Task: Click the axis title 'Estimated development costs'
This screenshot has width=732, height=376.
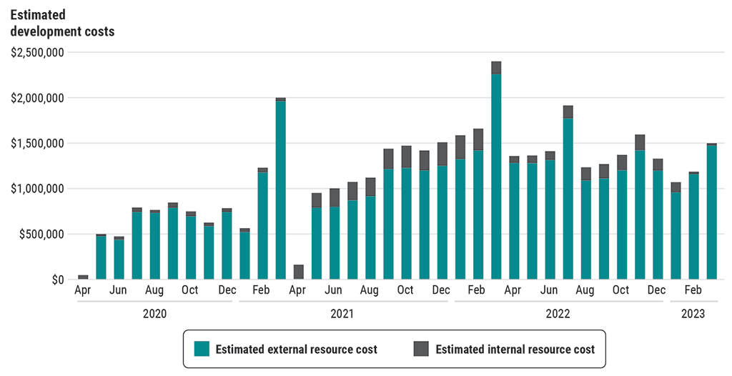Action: (62, 23)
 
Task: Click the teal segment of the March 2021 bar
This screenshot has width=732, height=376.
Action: (281, 190)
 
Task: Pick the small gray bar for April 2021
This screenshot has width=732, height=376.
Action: (299, 272)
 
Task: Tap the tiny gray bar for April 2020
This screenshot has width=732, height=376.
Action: (83, 277)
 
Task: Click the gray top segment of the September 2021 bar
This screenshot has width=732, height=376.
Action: (388, 159)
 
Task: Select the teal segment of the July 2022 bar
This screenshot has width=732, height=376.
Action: (568, 199)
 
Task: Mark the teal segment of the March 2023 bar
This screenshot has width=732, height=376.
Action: (712, 212)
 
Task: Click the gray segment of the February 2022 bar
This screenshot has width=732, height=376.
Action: (478, 139)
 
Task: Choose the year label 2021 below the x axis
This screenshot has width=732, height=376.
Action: (342, 313)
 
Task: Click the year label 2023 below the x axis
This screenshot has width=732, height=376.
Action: (693, 313)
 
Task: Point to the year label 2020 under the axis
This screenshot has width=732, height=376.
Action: (154, 313)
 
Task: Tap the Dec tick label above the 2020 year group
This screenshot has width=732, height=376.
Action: (227, 290)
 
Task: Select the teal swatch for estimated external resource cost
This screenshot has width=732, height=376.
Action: (202, 349)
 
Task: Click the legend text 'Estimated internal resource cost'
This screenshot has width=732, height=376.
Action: (515, 350)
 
